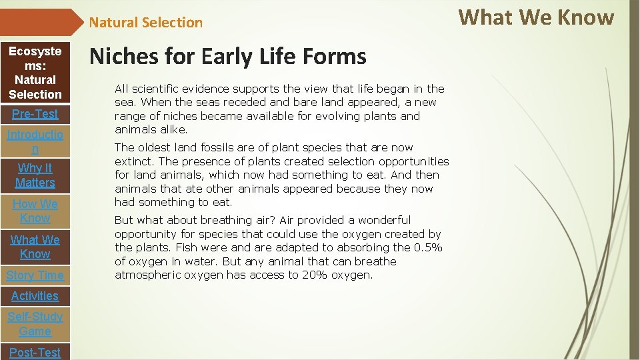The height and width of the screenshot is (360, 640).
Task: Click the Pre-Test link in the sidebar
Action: pos(35,114)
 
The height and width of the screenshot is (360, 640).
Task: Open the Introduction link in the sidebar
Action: pos(35,142)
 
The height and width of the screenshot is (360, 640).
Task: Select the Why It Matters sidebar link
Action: pos(35,175)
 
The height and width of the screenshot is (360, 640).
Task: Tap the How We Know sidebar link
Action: pos(35,211)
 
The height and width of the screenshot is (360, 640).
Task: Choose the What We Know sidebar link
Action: pos(35,247)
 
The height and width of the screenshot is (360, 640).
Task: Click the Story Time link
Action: pos(35,275)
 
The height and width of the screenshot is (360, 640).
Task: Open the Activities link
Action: pos(35,296)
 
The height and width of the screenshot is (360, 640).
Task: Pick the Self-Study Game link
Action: pos(35,324)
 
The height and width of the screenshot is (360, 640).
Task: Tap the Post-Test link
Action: pos(35,352)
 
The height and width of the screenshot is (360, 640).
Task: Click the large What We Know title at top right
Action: pos(536,17)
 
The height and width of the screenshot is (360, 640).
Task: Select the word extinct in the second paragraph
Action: pos(132,161)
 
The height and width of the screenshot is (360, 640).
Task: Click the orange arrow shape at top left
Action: pos(40,22)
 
